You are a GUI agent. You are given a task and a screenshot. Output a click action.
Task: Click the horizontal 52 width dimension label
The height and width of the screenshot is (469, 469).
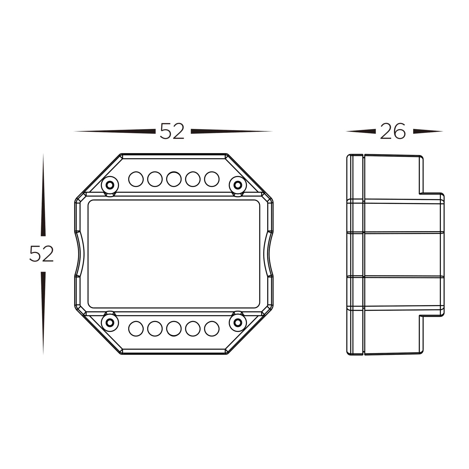click(x=172, y=131)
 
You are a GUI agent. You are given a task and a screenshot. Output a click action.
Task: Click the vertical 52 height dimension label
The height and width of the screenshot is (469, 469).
click(x=41, y=254)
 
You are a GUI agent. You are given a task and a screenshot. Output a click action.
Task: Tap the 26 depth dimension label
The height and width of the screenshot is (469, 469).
click(x=393, y=131)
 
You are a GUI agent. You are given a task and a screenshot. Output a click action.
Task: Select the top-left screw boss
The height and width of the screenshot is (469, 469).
click(x=110, y=185)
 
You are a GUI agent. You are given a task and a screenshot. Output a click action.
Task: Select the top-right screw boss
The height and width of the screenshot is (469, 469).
click(x=238, y=185)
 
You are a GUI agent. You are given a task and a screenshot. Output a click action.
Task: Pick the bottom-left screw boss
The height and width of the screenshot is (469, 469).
click(x=110, y=323)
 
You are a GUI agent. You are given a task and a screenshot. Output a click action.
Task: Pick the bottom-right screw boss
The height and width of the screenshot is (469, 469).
click(x=238, y=323)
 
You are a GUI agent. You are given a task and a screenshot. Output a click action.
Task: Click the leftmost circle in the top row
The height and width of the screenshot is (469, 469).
click(x=136, y=179)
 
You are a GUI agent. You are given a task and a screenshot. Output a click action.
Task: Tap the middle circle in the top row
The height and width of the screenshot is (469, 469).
click(x=174, y=179)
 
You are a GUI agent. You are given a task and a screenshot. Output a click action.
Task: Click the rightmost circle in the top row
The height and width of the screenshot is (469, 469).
click(x=212, y=179)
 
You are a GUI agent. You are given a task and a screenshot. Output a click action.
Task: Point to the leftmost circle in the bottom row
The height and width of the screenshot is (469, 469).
click(x=136, y=329)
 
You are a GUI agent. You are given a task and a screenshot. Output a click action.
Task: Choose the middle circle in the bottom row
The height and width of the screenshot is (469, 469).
click(x=174, y=329)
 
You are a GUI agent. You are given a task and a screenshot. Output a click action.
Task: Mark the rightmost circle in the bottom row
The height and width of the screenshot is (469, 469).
click(x=212, y=329)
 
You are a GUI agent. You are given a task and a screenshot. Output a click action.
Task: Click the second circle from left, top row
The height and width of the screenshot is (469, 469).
click(x=155, y=179)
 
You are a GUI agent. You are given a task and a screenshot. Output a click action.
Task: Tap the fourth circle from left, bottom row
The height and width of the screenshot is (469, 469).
click(x=193, y=329)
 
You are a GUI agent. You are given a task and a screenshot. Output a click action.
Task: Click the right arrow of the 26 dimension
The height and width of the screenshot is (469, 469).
click(x=427, y=131)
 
